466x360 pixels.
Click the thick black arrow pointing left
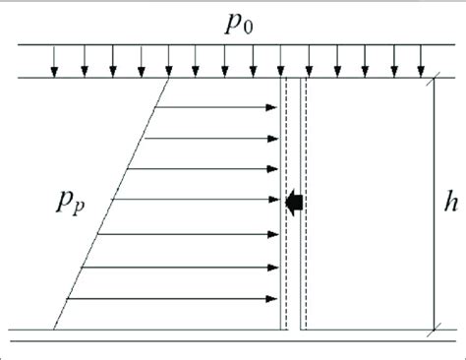pos(293,202)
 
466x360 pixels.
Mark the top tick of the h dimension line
pos(432,78)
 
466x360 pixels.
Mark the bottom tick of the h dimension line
pos(432,328)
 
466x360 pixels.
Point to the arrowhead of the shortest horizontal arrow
pos(275,105)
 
